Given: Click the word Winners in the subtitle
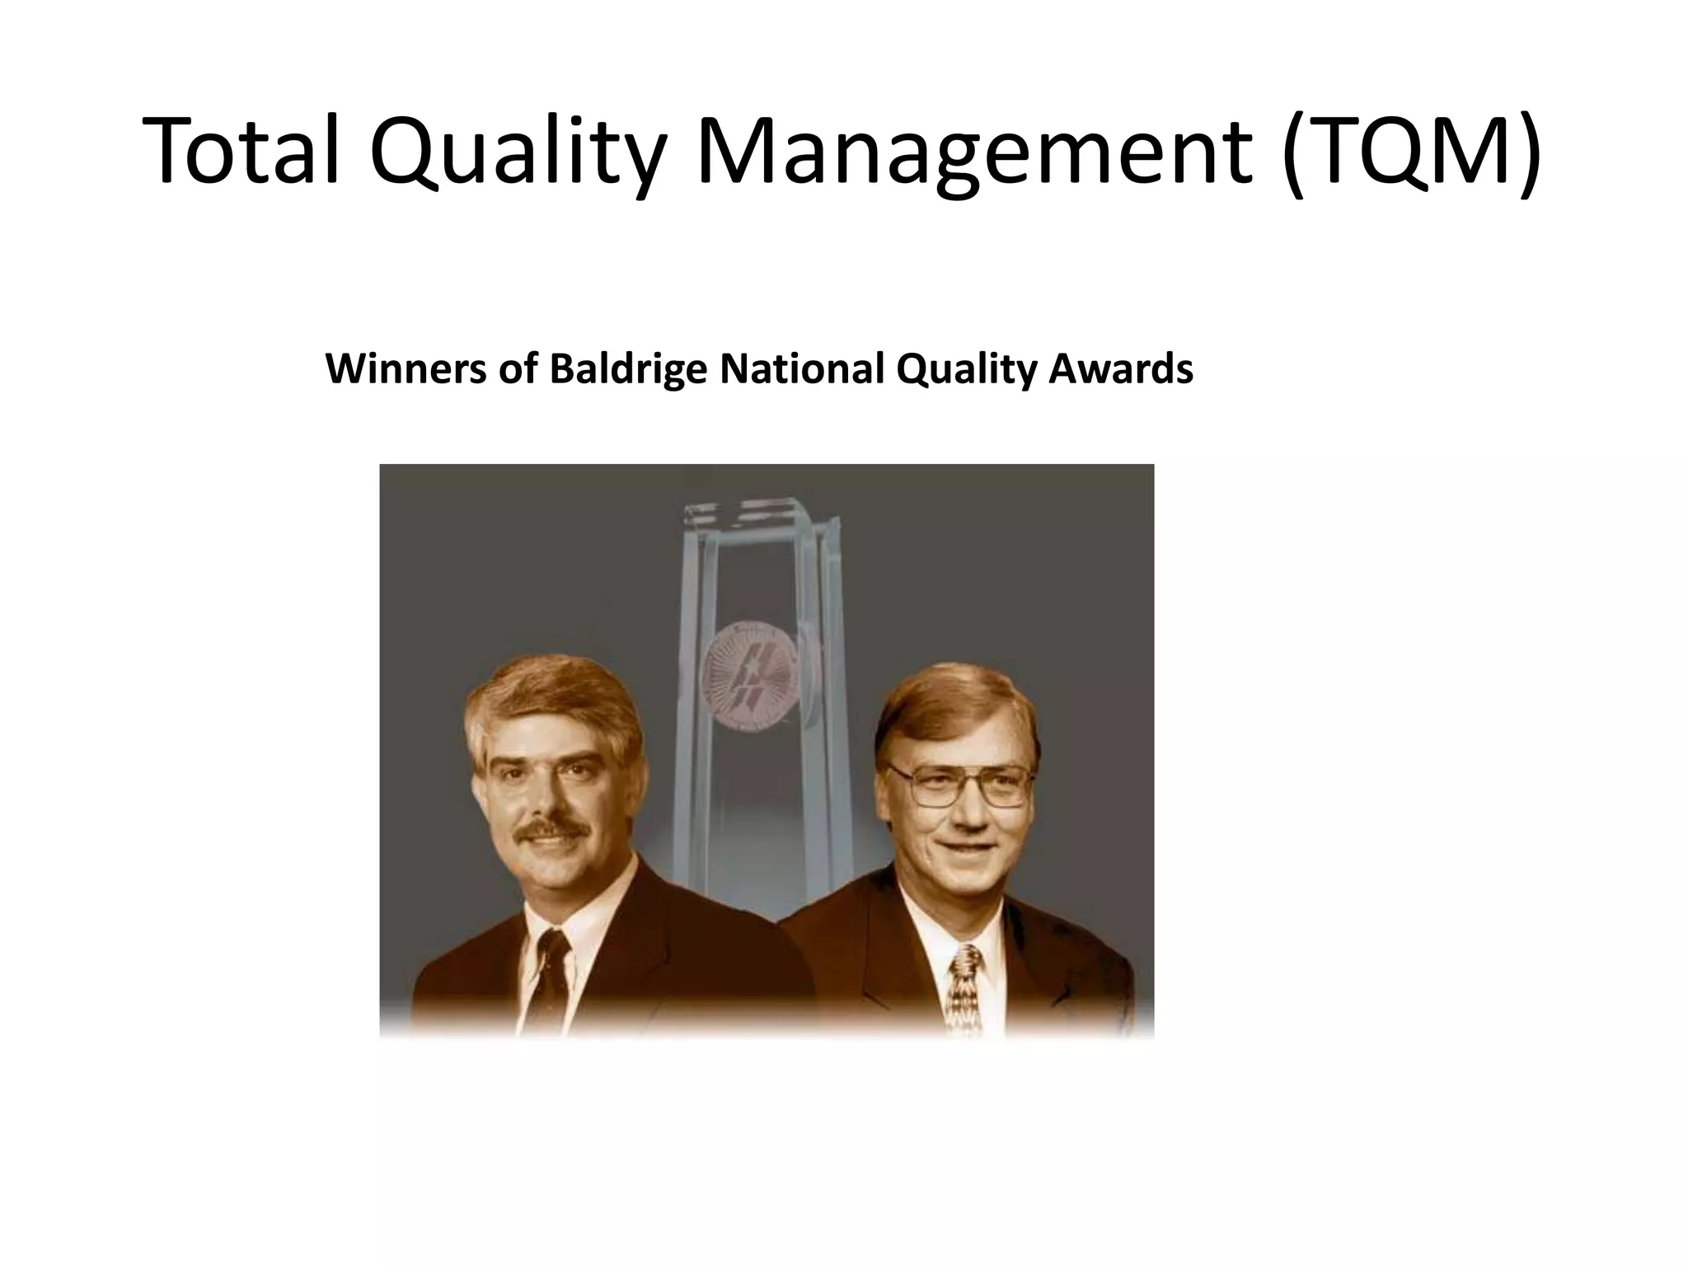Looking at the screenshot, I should pyautogui.click(x=405, y=368).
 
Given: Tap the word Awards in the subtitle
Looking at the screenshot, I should pyautogui.click(x=1121, y=368).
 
